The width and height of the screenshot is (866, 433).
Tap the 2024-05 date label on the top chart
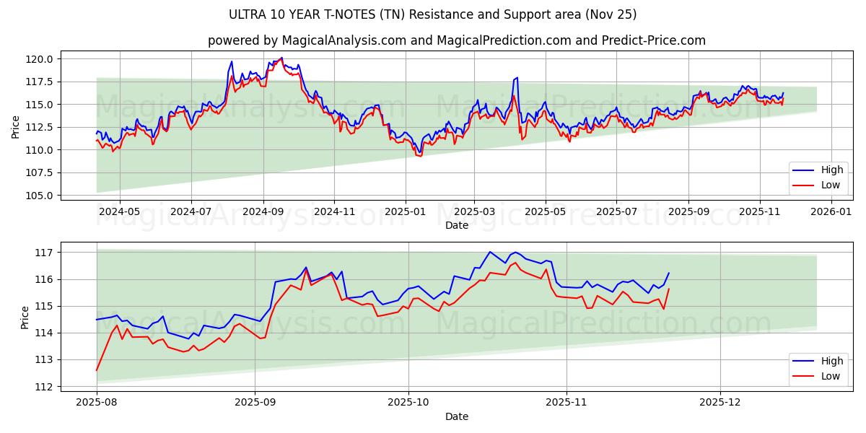click(119, 212)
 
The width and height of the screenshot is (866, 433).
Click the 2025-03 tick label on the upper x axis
click(474, 212)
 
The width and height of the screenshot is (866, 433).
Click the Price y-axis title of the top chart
click(16, 126)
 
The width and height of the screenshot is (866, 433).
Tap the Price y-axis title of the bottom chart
click(25, 318)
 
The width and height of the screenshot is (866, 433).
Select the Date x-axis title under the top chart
click(456, 226)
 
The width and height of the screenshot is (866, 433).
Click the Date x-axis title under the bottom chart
click(456, 416)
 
